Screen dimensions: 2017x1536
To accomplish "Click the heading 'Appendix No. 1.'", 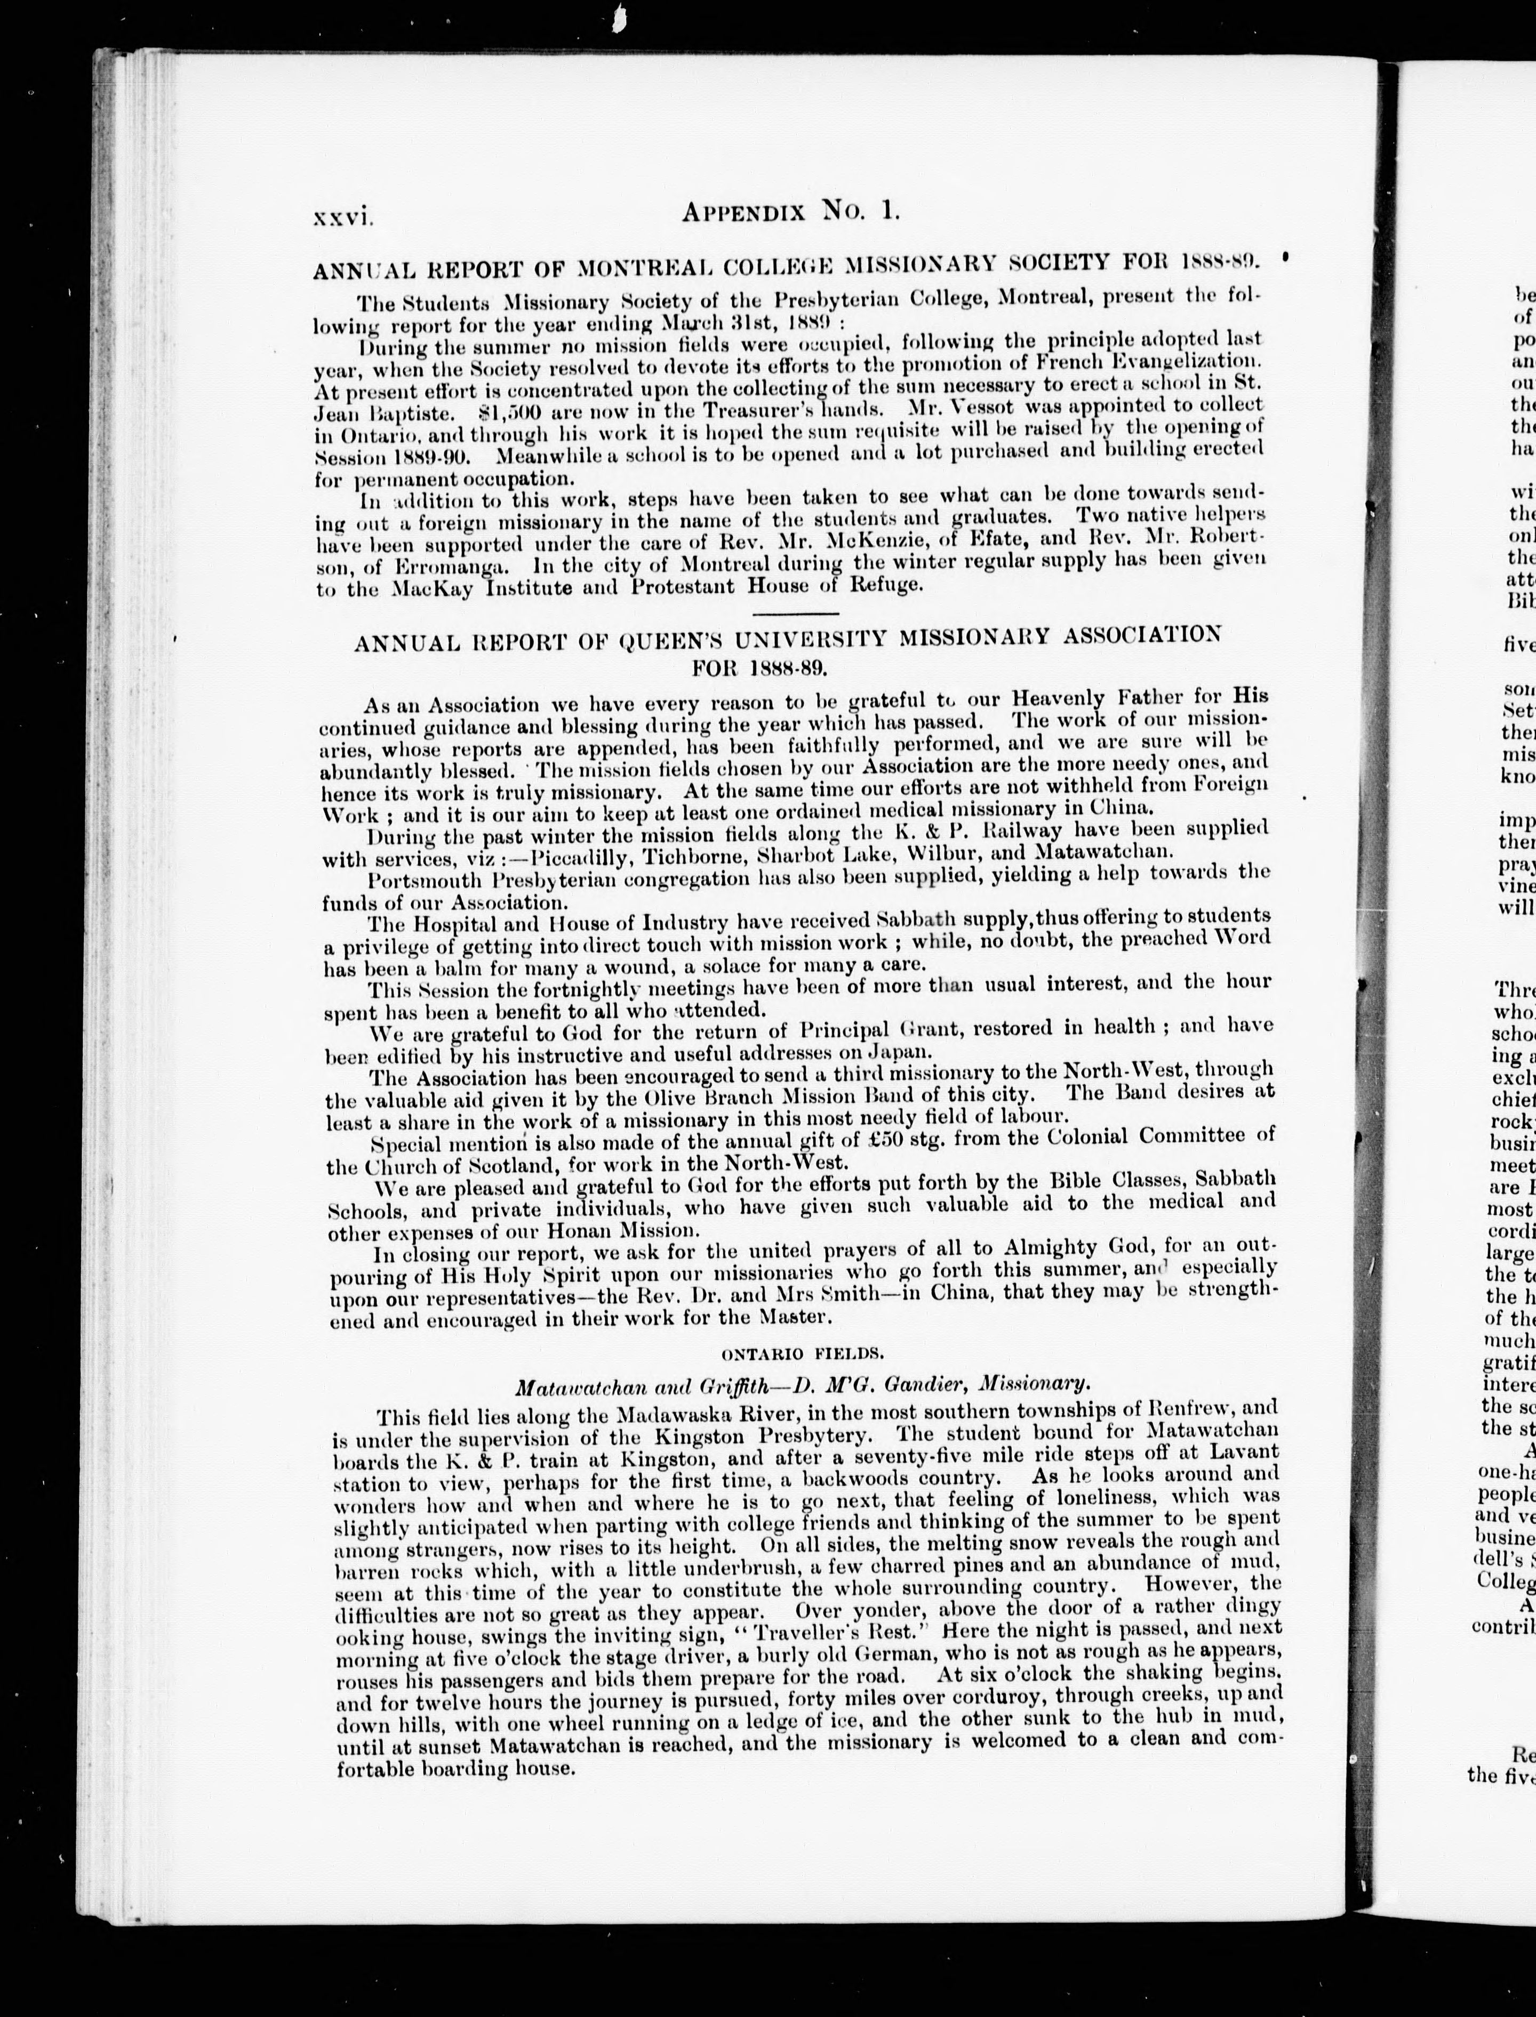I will pos(792,212).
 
